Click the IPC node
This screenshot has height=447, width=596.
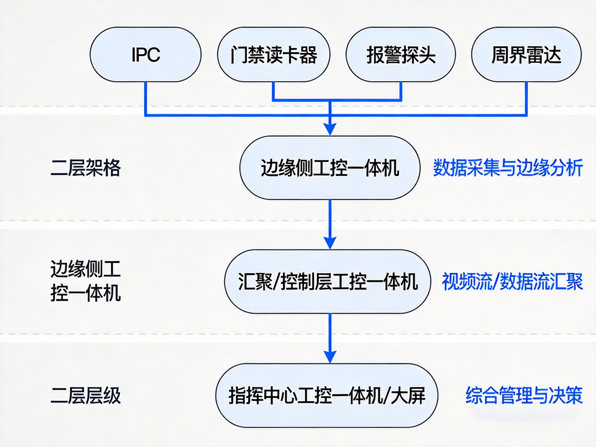click(145, 55)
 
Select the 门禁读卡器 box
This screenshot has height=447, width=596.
click(273, 55)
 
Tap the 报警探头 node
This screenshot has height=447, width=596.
click(401, 55)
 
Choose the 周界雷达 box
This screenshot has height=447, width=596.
click(526, 55)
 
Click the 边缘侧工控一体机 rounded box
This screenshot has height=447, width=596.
click(330, 168)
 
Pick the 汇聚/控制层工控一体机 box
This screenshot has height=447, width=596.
click(327, 282)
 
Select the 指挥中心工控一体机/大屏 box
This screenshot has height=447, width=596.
click(326, 396)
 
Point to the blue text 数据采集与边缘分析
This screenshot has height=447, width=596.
click(507, 168)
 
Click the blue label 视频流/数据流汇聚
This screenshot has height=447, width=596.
click(512, 282)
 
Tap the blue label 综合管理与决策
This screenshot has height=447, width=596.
click(524, 396)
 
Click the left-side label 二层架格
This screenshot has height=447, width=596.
click(85, 168)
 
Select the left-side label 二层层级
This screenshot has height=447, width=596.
click(85, 396)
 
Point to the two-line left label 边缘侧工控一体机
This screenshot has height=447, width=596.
click(85, 282)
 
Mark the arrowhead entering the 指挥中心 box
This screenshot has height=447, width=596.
click(330, 357)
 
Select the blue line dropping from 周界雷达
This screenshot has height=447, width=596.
click(526, 98)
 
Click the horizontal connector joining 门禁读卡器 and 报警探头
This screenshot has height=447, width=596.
click(337, 100)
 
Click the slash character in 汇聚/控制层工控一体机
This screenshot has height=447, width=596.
click(276, 282)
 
